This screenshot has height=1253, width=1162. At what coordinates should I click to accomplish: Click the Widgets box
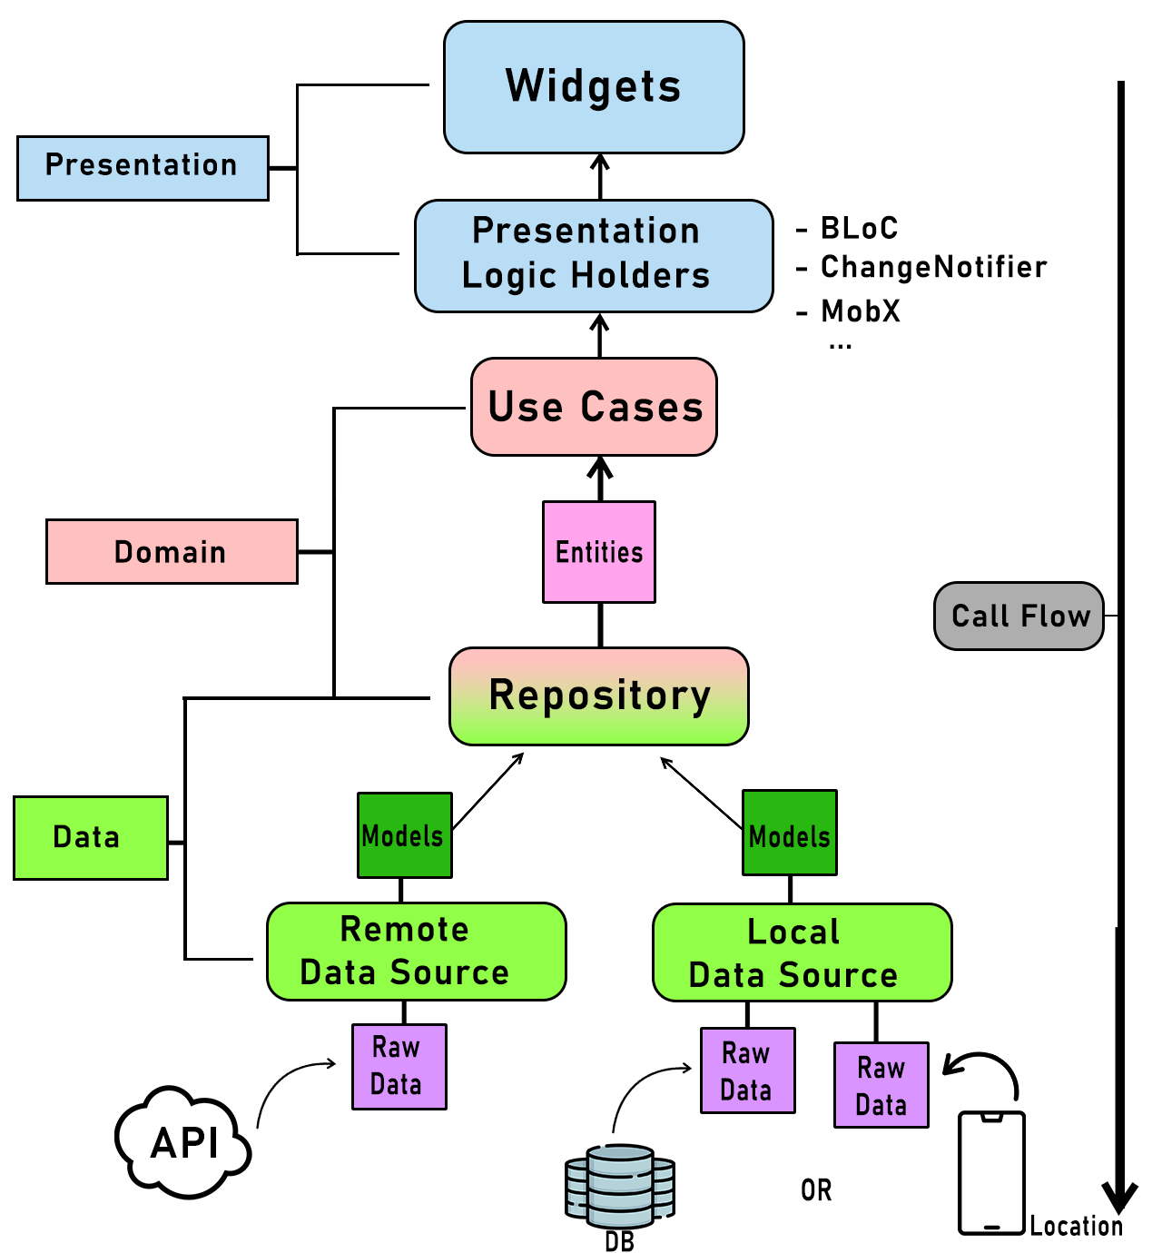click(x=594, y=87)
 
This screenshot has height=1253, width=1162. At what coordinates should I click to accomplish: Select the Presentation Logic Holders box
click(x=594, y=255)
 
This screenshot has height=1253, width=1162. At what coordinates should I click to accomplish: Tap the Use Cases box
click(x=594, y=406)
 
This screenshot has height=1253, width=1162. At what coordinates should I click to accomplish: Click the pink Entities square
click(x=598, y=551)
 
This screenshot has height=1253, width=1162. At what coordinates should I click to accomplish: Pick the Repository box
click(x=598, y=696)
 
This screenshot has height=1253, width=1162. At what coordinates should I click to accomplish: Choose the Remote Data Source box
click(x=417, y=951)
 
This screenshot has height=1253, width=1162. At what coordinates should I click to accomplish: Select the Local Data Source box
click(x=802, y=952)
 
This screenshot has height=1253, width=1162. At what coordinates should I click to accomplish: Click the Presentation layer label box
click(x=143, y=168)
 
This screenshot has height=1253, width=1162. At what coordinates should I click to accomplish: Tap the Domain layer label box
click(x=172, y=551)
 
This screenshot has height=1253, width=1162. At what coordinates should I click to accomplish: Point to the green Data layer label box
click(x=91, y=837)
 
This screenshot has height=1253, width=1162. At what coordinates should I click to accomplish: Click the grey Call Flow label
click(x=1019, y=616)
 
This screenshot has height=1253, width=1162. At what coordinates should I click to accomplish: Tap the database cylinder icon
click(x=619, y=1186)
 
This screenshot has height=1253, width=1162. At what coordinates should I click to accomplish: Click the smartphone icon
click(x=991, y=1172)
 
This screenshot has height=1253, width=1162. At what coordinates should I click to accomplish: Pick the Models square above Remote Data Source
click(x=404, y=834)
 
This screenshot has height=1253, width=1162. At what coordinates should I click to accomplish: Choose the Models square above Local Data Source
click(x=789, y=833)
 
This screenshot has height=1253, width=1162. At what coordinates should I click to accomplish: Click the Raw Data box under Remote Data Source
click(x=399, y=1066)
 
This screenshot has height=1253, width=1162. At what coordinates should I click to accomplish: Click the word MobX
click(x=861, y=311)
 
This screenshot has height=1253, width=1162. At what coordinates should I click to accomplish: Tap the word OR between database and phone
click(x=816, y=1190)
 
